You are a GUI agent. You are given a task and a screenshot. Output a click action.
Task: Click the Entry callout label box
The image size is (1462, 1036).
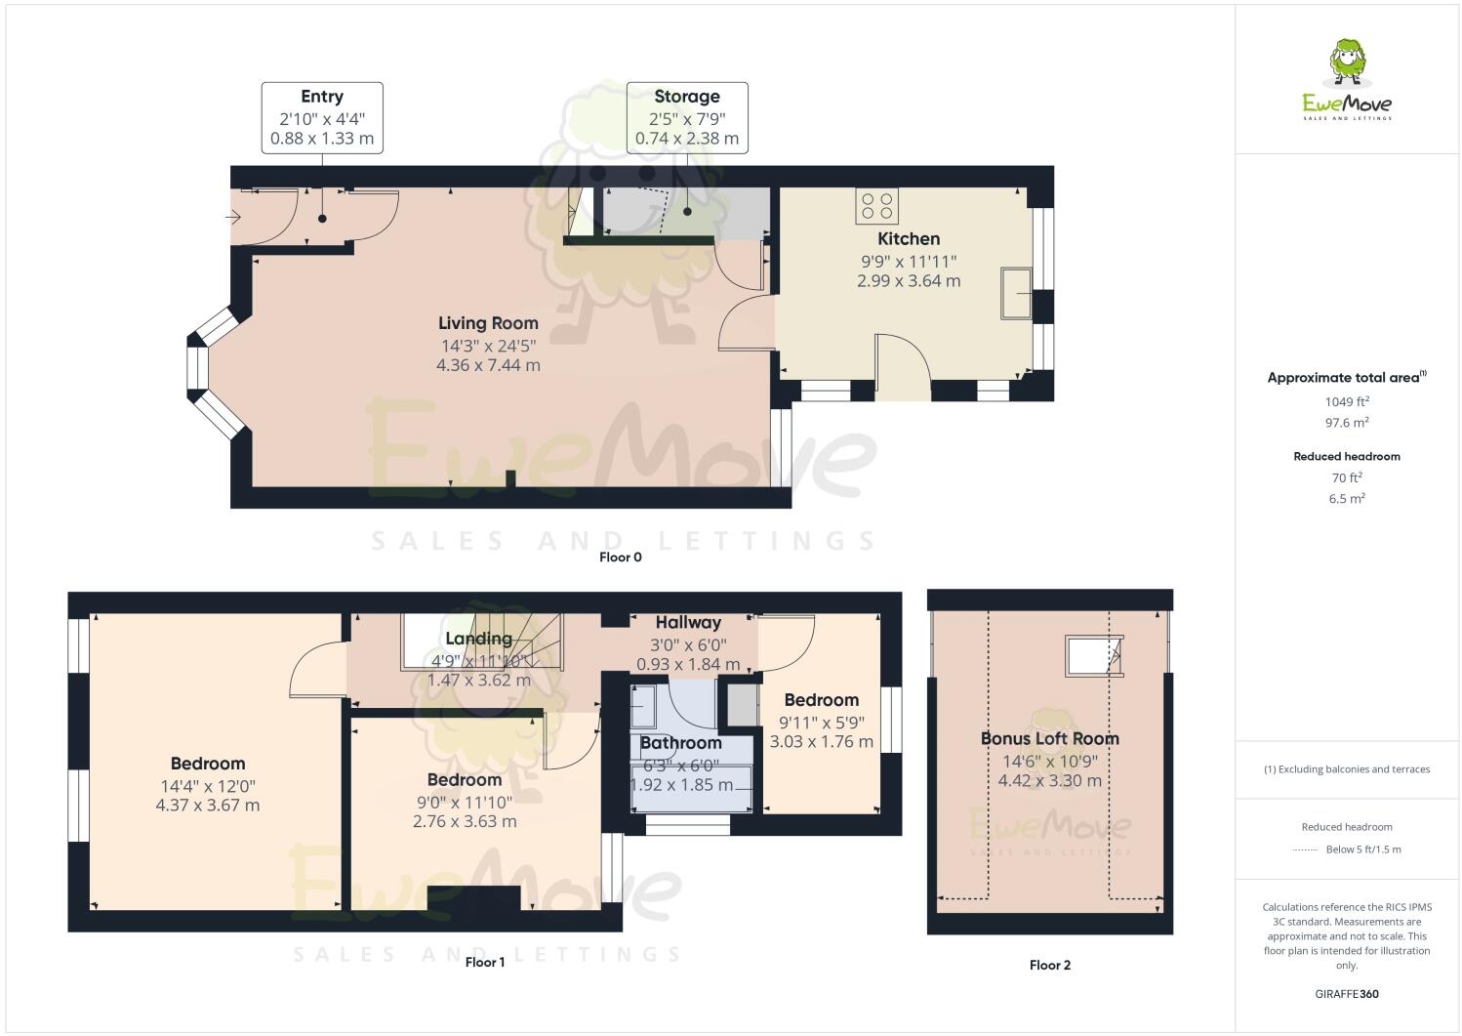[x=322, y=118]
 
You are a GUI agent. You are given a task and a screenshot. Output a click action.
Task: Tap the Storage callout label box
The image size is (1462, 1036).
[x=687, y=118]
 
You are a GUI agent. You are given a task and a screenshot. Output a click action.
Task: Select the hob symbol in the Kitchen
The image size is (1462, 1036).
[x=876, y=206]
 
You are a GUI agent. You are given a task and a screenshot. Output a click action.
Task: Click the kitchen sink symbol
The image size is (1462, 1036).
[x=1016, y=294]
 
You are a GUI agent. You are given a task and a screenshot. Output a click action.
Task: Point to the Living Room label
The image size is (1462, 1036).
[x=488, y=323]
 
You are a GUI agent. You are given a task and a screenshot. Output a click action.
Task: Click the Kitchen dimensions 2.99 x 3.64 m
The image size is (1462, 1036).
[x=908, y=281]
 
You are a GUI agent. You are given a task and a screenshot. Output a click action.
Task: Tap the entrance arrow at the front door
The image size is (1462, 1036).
[x=233, y=217]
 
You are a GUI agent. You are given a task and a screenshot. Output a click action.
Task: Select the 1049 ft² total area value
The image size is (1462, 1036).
[x=1347, y=401]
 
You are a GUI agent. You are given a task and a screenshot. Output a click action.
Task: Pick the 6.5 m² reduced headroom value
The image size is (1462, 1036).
[x=1347, y=498]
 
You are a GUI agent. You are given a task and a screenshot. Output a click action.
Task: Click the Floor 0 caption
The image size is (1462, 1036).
[x=621, y=558]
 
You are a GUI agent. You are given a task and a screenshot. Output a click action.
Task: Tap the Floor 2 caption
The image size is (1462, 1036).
[x=1050, y=965]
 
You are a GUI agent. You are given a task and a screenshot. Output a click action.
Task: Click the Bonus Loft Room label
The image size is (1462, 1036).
[x=1050, y=739]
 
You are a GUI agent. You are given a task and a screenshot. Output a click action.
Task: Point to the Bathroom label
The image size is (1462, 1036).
[x=680, y=743]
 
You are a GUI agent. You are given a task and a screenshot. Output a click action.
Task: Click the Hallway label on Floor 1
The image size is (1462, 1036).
[x=688, y=622]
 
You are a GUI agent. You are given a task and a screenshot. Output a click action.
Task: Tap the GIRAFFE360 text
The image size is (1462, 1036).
[x=1347, y=995]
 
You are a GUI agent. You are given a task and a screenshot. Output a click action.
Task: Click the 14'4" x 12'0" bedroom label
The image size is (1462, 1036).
[x=208, y=785]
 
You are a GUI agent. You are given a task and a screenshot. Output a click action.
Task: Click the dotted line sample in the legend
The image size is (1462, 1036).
[x=1305, y=850]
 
